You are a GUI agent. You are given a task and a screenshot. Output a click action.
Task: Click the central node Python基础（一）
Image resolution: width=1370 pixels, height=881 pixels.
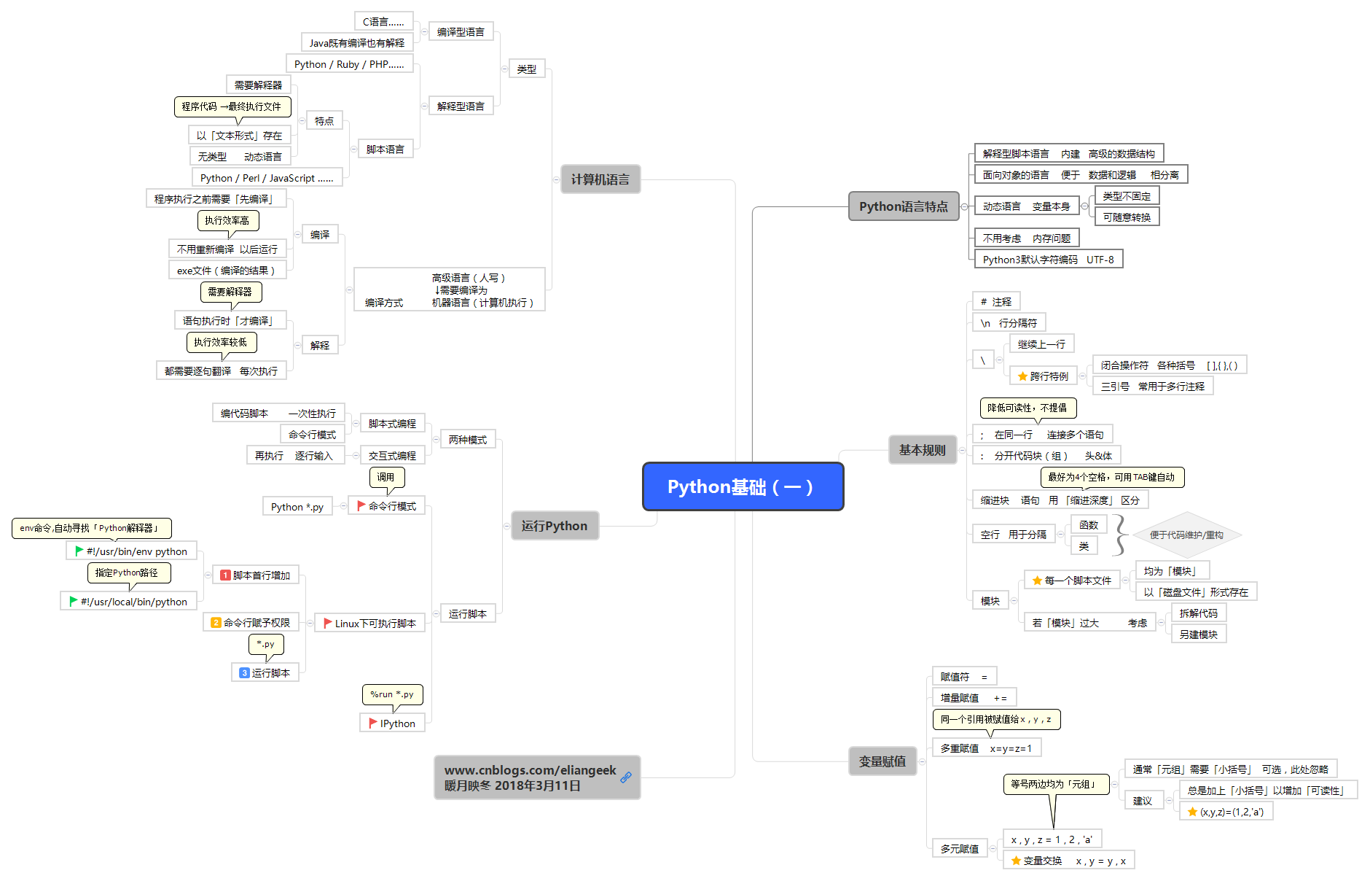pyautogui.click(x=743, y=486)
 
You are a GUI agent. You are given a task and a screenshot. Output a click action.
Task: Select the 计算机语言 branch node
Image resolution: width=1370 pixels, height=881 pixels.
pyautogui.click(x=600, y=179)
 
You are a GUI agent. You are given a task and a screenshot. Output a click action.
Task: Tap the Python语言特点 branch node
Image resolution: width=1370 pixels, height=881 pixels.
pyautogui.click(x=904, y=206)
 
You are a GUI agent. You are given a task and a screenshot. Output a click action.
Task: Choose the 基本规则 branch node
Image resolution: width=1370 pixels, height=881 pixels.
pyautogui.click(x=923, y=450)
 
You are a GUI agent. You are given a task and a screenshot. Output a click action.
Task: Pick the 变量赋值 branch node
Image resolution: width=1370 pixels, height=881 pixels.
pyautogui.click(x=882, y=761)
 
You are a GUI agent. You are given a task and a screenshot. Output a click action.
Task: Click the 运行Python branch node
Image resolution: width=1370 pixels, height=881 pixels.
pyautogui.click(x=555, y=526)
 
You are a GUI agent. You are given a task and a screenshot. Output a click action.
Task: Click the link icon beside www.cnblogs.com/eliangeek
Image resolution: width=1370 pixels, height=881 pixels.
pyautogui.click(x=626, y=777)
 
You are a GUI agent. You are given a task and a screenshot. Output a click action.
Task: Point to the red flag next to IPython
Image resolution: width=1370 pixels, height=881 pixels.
pyautogui.click(x=373, y=723)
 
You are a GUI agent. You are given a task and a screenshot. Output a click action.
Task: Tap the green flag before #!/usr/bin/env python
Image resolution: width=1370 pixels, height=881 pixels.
pyautogui.click(x=79, y=551)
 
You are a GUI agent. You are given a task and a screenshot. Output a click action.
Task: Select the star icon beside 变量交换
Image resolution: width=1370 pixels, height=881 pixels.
pyautogui.click(x=1016, y=861)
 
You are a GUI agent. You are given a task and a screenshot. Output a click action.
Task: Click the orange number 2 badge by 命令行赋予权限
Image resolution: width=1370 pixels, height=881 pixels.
pyautogui.click(x=216, y=622)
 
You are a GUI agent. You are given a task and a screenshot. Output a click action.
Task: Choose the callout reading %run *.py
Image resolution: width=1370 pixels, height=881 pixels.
pyautogui.click(x=392, y=694)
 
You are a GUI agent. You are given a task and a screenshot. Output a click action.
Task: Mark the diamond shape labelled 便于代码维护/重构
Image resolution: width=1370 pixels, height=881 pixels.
pyautogui.click(x=1186, y=535)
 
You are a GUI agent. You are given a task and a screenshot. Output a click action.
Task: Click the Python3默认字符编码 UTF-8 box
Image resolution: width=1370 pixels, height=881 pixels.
pyautogui.click(x=1049, y=259)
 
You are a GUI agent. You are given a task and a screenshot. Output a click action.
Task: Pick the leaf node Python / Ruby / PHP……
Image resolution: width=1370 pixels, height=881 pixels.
pyautogui.click(x=349, y=63)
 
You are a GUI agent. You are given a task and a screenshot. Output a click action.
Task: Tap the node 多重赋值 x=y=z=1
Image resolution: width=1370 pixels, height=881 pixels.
pyautogui.click(x=986, y=748)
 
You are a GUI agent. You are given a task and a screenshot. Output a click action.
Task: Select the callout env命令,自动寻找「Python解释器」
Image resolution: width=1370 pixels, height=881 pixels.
pyautogui.click(x=91, y=528)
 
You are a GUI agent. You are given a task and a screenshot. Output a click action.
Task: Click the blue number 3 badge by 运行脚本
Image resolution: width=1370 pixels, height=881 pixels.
pyautogui.click(x=244, y=672)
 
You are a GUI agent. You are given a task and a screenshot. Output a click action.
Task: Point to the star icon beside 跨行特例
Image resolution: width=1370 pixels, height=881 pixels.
pyautogui.click(x=1022, y=376)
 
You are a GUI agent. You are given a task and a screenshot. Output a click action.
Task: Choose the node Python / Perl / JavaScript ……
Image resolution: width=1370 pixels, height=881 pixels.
pyautogui.click(x=267, y=177)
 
